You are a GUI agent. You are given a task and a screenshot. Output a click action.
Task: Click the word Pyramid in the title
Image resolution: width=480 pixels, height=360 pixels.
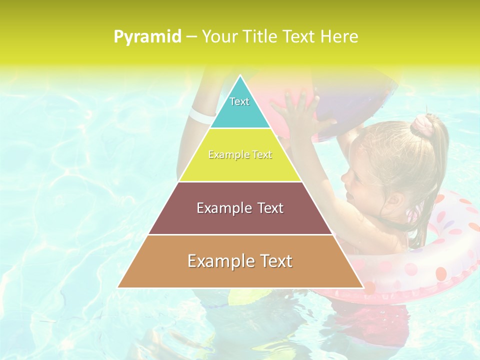point(147,37)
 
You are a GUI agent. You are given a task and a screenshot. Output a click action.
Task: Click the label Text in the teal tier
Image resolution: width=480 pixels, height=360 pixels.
point(239,101)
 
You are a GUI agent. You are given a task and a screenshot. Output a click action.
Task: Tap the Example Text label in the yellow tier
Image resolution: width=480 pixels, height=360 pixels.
point(240,155)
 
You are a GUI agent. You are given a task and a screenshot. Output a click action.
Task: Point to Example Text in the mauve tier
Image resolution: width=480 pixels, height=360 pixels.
point(240,208)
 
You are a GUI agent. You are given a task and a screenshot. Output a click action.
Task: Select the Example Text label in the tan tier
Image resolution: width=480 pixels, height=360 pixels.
point(240,261)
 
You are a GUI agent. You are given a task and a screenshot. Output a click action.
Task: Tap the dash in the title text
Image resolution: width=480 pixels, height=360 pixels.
point(191,37)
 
